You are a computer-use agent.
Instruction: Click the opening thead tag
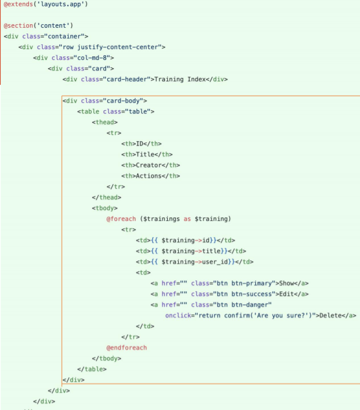tap(105, 122)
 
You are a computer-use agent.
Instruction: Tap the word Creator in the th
tap(149, 165)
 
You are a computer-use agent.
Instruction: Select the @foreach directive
tap(121, 219)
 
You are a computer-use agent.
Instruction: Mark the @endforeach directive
tap(127, 348)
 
